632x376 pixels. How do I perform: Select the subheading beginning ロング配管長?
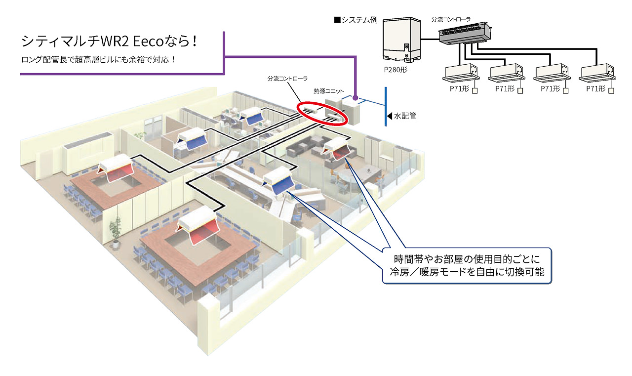[98, 60]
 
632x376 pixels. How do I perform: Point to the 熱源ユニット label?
[328, 91]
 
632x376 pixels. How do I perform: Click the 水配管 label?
[405, 116]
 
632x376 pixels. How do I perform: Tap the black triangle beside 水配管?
[390, 116]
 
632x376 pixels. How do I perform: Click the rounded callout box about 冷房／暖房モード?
[467, 265]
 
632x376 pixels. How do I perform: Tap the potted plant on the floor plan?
[116, 233]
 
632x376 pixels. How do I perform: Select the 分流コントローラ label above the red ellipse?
[287, 79]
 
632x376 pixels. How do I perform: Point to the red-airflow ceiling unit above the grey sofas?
[338, 147]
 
